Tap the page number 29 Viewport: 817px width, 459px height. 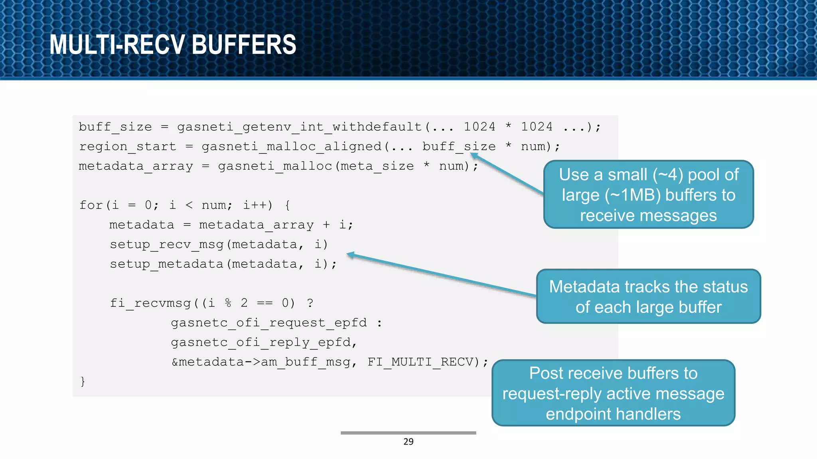tap(408, 441)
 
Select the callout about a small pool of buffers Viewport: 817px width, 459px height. tap(648, 195)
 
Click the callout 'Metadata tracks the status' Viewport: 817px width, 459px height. tap(648, 297)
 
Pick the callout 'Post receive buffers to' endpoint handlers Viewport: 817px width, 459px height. tap(613, 393)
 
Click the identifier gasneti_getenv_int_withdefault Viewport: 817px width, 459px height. tap(299, 127)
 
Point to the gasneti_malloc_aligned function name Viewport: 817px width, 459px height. tap(292, 147)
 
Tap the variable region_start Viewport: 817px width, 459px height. tap(127, 147)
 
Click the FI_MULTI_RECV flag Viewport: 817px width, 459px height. tap(423, 362)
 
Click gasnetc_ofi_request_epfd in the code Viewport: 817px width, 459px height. tap(268, 323)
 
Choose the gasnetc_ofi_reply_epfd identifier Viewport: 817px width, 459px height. tap(261, 342)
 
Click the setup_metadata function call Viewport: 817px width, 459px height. tap(166, 264)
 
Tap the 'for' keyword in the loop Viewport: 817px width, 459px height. tap(91, 205)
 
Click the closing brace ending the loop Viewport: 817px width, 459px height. tap(83, 381)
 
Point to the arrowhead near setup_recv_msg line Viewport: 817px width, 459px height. tap(350, 255)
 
